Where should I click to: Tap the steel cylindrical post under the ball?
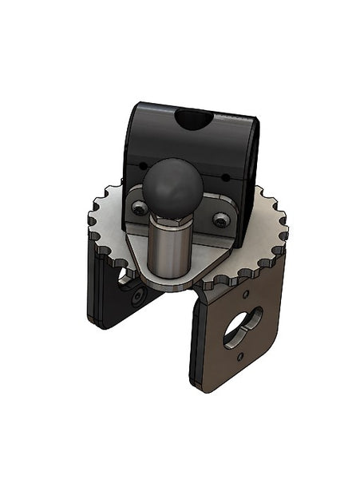pyautogui.click(x=170, y=247)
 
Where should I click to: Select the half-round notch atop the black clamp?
pyautogui.click(x=194, y=121)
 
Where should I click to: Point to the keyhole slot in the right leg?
pyautogui.click(x=240, y=323)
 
